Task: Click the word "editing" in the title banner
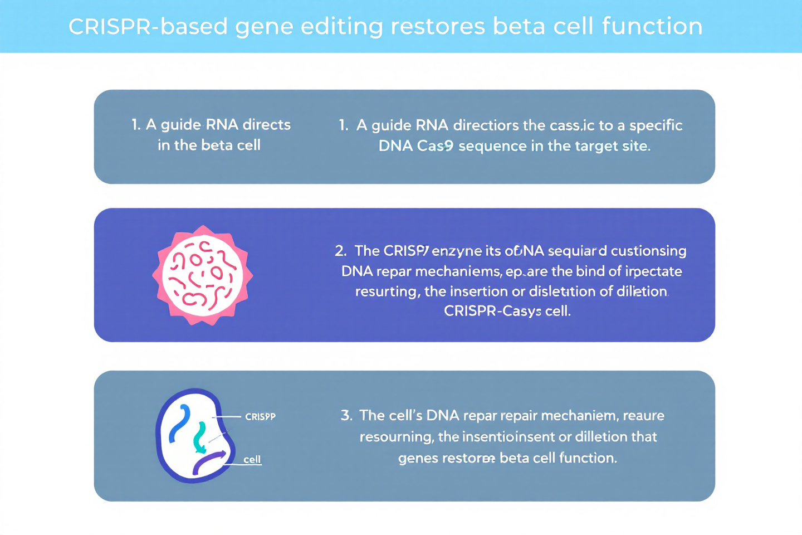pos(341,27)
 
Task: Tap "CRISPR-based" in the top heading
pos(148,27)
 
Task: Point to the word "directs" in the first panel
pos(266,124)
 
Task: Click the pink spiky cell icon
pos(203,275)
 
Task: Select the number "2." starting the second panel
pos(341,251)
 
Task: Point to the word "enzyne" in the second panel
pos(457,251)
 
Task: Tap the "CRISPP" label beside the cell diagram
pos(260,416)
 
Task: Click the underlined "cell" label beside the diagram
pos(252,460)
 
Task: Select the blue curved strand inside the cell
pos(180,424)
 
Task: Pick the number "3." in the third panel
pos(346,416)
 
